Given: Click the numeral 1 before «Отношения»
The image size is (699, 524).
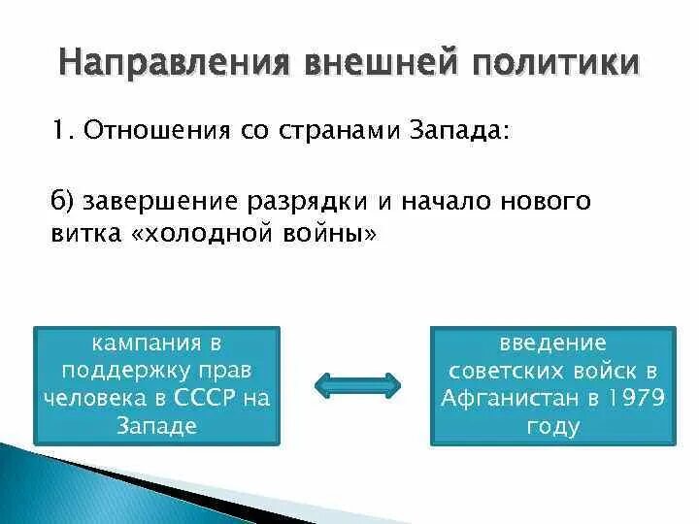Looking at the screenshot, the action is [57, 131].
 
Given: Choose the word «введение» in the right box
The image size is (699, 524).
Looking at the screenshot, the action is [552, 344].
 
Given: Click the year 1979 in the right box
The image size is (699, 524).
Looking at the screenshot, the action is [631, 398].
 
